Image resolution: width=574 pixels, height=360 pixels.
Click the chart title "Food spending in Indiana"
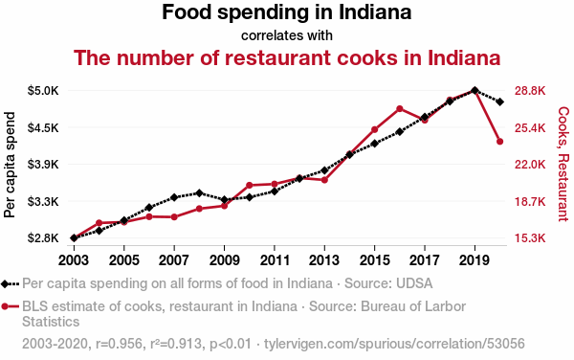tap(287, 12)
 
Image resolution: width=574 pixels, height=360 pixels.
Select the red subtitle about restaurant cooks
tap(287, 57)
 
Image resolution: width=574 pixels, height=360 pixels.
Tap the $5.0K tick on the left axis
tap(43, 90)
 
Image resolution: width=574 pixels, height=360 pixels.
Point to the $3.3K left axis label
tap(43, 201)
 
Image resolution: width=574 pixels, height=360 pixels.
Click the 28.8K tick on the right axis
tap(530, 90)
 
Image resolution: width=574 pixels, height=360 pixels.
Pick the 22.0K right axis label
tap(530, 165)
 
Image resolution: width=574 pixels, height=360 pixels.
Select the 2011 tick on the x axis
tap(275, 260)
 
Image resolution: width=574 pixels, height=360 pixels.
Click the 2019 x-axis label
tap(475, 260)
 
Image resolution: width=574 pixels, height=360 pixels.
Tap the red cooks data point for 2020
tap(499, 142)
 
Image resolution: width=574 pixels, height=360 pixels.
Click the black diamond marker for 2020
tap(499, 101)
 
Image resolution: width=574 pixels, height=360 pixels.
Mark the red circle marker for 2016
tap(399, 109)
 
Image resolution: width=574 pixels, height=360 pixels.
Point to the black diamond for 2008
tap(199, 193)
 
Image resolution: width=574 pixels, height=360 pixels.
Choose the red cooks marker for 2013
tap(324, 180)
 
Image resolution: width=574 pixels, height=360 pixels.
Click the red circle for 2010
tap(250, 186)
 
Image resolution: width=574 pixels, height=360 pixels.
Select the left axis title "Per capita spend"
tap(10, 165)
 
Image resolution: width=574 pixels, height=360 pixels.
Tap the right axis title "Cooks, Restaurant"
tap(563, 164)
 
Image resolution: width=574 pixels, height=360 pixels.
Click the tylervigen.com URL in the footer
tap(394, 344)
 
